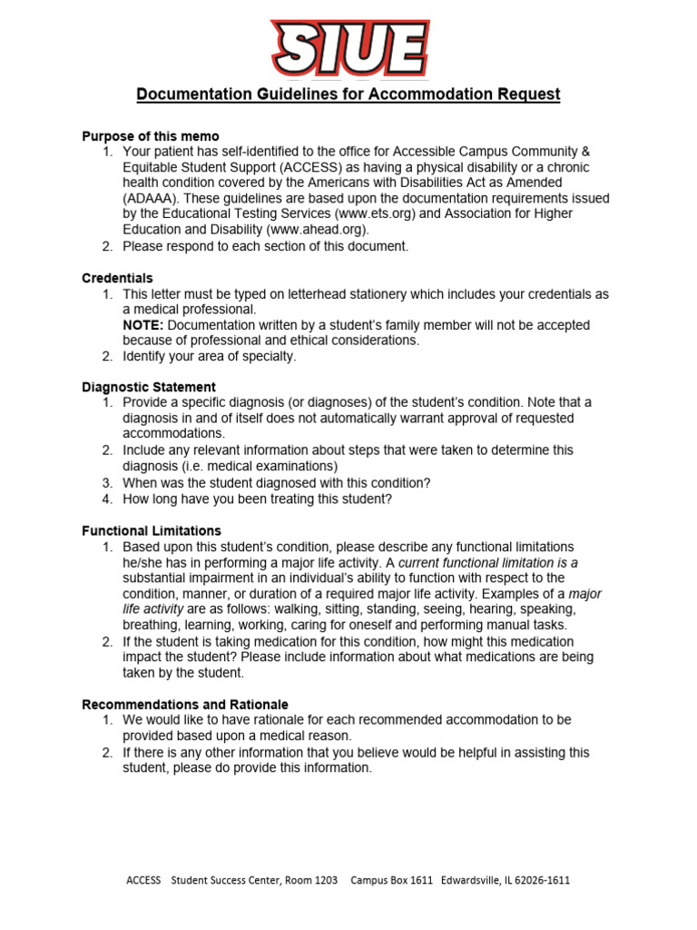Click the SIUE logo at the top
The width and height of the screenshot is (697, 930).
point(349,46)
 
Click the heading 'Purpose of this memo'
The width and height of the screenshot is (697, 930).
point(151,136)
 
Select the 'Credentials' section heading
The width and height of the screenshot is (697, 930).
point(117,278)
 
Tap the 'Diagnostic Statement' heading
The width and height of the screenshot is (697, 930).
point(149,387)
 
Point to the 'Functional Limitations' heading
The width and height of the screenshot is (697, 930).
point(152,530)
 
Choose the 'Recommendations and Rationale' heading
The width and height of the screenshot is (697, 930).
point(185,704)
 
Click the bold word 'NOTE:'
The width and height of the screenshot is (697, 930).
point(143,325)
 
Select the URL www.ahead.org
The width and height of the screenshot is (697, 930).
point(318,230)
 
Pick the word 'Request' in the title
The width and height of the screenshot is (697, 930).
point(526,94)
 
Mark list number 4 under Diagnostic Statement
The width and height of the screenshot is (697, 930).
point(106,499)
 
